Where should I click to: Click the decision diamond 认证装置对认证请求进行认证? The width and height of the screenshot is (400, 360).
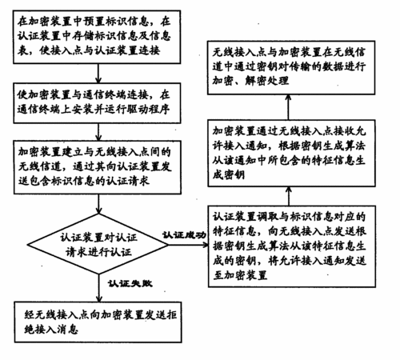pos(98,244)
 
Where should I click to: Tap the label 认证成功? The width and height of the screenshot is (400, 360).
pos(184,235)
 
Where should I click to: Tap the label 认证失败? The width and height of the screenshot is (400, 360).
pos(130,283)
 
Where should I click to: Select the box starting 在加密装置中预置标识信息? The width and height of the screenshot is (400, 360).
pos(97,37)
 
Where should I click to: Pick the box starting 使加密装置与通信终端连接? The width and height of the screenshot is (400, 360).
pos(97,103)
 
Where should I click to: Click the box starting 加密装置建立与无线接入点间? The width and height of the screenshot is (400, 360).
pos(98,167)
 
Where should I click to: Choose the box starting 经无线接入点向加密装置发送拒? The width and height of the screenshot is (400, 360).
pos(98,322)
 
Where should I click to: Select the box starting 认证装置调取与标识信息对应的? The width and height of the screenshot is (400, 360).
pos(292,246)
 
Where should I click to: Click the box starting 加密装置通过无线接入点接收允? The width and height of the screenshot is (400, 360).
pos(291,153)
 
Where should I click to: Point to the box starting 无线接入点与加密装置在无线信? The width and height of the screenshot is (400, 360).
pos(291,68)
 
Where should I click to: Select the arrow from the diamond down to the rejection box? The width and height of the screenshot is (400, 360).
pos(99,288)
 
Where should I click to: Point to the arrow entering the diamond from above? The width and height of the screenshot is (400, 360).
pos(98,204)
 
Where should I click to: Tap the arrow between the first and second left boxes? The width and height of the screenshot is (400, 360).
pos(98,74)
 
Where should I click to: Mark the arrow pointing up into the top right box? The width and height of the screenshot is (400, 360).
pos(288,107)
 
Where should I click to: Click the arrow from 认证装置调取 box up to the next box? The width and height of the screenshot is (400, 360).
pos(289,196)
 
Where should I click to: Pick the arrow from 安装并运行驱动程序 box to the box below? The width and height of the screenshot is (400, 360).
pos(98,132)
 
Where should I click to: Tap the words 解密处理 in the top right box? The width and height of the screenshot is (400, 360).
pos(266,81)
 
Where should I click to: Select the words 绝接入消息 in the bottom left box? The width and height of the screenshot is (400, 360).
pos(51,330)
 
